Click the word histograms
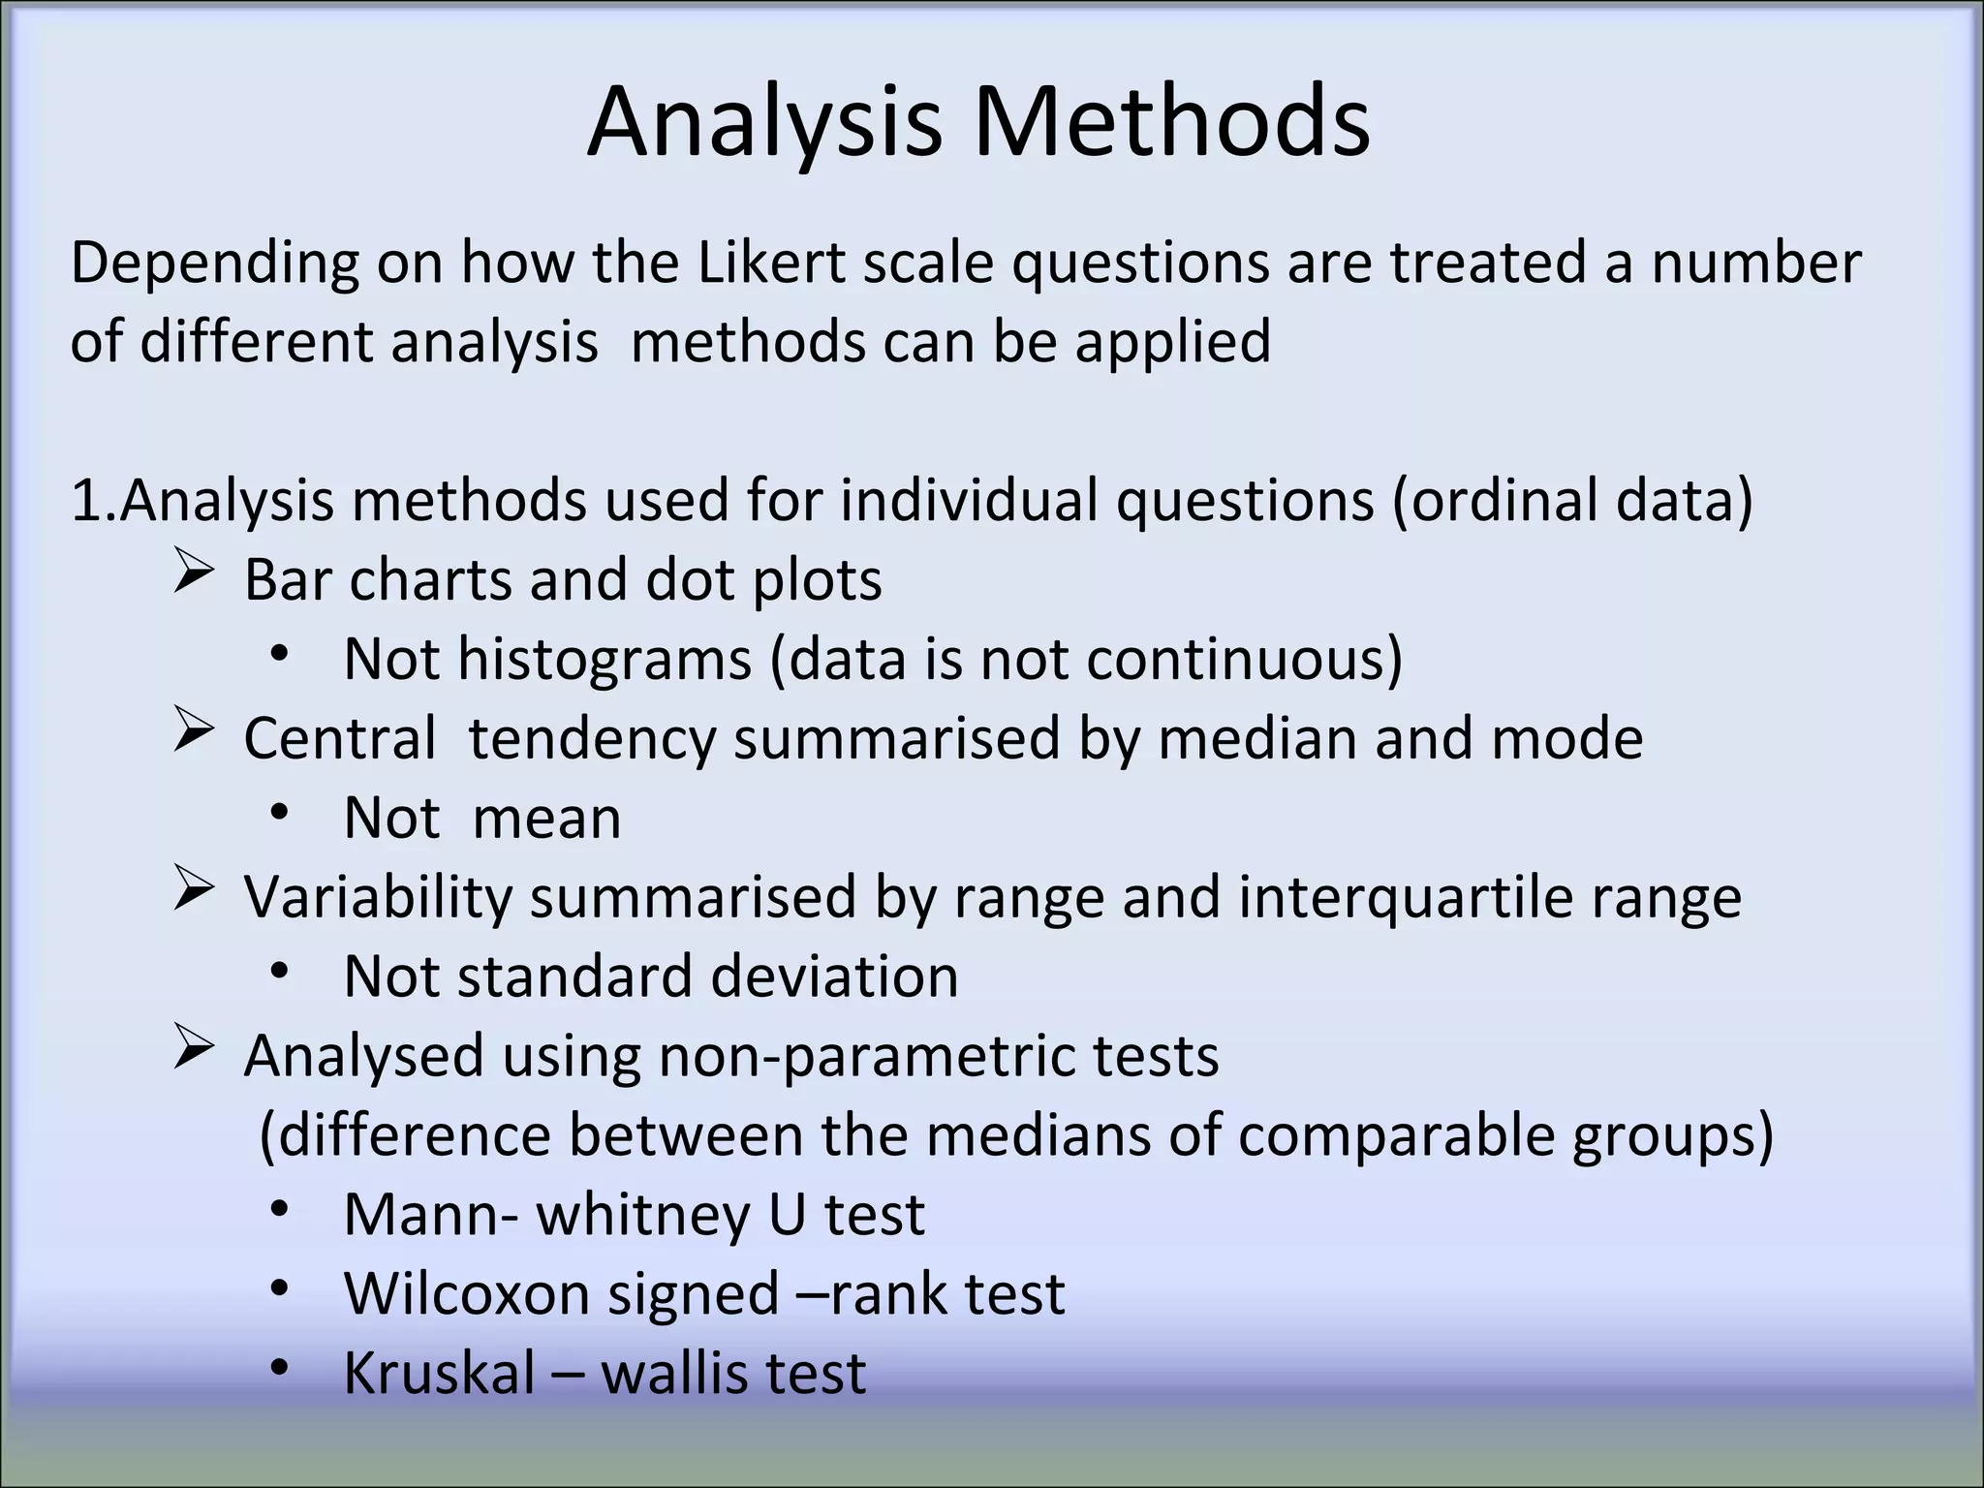(604, 660)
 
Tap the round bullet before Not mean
(280, 812)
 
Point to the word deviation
(834, 976)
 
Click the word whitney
(643, 1215)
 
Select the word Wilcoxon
(466, 1294)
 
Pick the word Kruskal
(439, 1374)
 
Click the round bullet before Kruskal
(280, 1368)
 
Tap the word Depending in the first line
(214, 264)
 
